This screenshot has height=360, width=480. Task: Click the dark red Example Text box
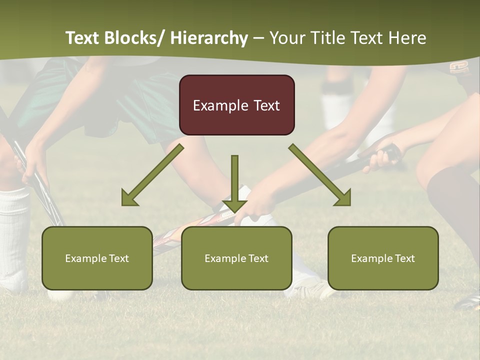236,105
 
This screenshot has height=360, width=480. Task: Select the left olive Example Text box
97,258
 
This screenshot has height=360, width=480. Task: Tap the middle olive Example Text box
236,258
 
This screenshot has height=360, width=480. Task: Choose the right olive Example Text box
383,258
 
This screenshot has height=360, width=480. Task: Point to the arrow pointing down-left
152,175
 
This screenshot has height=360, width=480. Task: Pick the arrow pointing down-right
320,175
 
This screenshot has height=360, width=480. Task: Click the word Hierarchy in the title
209,38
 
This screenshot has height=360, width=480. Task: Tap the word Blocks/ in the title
136,38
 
